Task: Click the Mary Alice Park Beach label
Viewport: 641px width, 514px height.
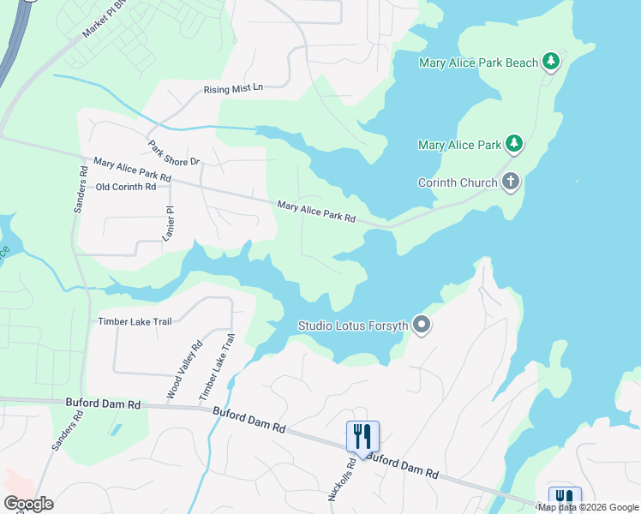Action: click(478, 63)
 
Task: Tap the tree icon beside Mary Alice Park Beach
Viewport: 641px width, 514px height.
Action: click(552, 61)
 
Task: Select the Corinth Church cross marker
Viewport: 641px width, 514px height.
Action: click(511, 182)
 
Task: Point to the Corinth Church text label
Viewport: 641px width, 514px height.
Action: click(458, 182)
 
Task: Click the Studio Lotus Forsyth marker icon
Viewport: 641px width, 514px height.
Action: click(421, 325)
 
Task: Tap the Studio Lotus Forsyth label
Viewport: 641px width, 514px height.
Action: click(352, 326)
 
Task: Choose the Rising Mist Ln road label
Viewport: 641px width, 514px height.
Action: click(233, 89)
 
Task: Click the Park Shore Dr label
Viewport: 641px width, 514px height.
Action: click(173, 153)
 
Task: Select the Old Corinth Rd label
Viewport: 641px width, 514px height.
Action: click(126, 187)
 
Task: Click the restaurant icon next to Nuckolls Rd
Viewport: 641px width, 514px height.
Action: click(362, 436)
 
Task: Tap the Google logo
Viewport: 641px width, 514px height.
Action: click(28, 503)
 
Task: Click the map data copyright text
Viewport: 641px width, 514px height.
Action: click(588, 507)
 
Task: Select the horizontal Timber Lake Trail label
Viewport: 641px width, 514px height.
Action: click(135, 321)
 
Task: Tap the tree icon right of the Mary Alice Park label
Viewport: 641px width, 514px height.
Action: click(514, 144)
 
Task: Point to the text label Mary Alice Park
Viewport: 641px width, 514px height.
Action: click(459, 145)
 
